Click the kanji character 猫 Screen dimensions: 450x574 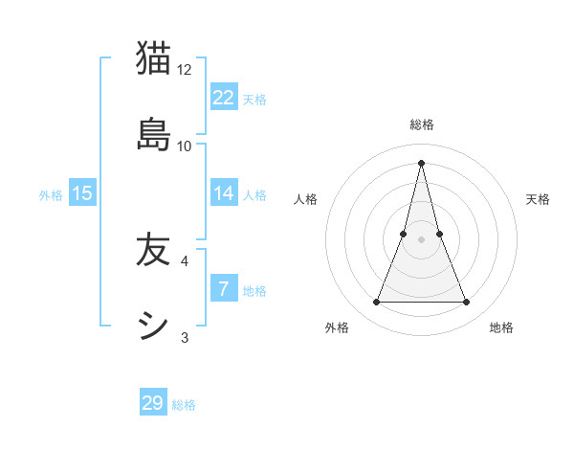tap(153, 58)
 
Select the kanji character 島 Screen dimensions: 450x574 tap(153, 133)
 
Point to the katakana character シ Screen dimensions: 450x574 tap(153, 325)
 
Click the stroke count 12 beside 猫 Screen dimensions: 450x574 tap(185, 70)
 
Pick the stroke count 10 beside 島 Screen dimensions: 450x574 tap(185, 146)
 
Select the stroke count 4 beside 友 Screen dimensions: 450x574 tap(185, 260)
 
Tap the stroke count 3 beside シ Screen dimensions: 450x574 tap(185, 337)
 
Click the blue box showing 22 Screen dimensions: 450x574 tap(224, 98)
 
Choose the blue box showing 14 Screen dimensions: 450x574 tap(224, 193)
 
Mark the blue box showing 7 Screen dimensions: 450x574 tap(224, 289)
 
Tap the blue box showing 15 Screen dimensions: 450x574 tap(82, 193)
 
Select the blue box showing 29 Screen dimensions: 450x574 tap(153, 403)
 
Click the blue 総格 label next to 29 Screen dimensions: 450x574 tap(184, 405)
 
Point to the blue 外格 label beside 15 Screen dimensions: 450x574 tap(51, 195)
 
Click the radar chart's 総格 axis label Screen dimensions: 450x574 tap(422, 124)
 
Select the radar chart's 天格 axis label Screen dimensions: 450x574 tap(538, 199)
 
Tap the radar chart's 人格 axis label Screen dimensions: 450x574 tap(306, 199)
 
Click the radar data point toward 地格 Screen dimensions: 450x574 tap(467, 303)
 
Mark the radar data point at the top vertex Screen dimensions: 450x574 tap(422, 162)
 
